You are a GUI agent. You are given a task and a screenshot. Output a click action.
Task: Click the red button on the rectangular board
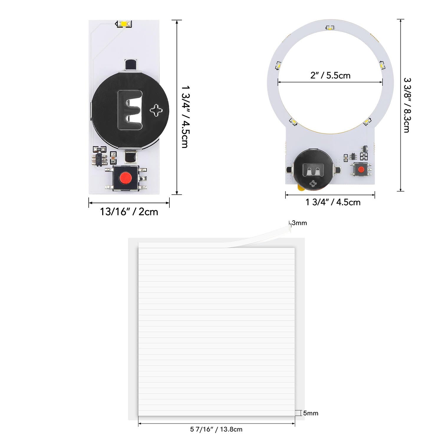point(126,177)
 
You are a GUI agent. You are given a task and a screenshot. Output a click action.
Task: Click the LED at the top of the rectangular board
point(124,24)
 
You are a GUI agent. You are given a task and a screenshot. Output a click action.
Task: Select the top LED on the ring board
point(330,28)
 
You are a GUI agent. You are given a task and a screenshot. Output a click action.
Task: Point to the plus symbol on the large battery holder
point(156,110)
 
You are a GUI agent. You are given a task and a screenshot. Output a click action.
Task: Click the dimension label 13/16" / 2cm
point(129,212)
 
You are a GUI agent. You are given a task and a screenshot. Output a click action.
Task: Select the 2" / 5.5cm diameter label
point(330,75)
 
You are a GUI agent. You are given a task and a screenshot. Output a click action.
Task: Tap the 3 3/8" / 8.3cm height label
point(407,105)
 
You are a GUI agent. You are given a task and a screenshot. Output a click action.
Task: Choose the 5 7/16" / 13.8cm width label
point(216,429)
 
